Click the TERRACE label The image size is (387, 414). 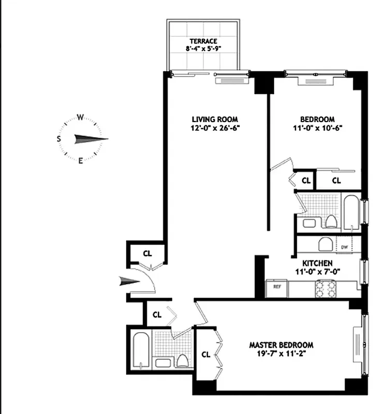coord(203,41)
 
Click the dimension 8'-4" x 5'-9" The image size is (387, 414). coord(203,50)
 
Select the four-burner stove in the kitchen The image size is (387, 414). coord(326,289)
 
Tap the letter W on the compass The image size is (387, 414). coord(81,117)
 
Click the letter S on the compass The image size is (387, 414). coord(59,139)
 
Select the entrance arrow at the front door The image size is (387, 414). coord(129,282)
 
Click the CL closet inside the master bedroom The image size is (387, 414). coord(205,354)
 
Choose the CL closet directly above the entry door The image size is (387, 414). coord(147,254)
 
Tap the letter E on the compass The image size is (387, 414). coord(81,160)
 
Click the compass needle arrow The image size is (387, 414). coord(91,139)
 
